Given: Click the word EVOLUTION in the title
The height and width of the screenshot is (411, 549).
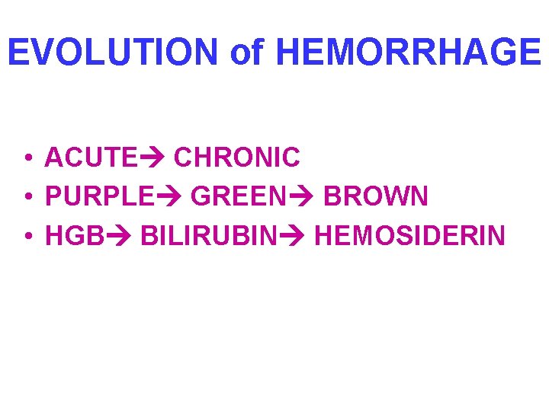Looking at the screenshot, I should tap(114, 52).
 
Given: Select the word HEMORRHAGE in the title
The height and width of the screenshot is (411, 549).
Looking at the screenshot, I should tap(408, 52).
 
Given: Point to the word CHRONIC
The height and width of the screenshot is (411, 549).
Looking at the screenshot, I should tap(237, 158).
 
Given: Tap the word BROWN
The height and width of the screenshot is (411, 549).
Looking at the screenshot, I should tap(376, 197).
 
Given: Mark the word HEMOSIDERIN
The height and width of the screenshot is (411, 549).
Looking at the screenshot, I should tap(409, 237).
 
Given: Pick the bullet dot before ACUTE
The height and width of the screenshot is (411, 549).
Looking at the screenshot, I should tap(27, 158).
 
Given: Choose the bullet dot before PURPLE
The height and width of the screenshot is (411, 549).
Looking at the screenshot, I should tap(27, 198).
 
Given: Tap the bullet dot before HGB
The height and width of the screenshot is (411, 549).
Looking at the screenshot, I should tap(27, 237).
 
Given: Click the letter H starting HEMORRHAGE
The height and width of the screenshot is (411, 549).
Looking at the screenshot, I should tap(289, 52).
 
